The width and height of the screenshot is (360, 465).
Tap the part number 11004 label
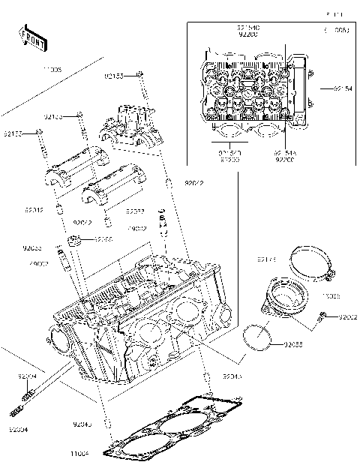[100, 454]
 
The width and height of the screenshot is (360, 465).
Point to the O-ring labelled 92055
[258, 338]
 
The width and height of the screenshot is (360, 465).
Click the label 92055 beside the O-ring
[294, 344]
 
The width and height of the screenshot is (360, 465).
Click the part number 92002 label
[347, 318]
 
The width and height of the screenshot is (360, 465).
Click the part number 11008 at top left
[30, 69]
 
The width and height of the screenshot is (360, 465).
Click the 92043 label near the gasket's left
[84, 425]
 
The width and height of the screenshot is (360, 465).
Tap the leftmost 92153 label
[13, 133]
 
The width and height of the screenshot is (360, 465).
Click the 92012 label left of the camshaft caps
[33, 210]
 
